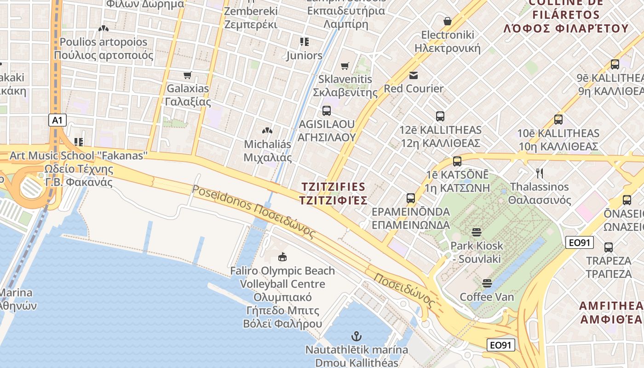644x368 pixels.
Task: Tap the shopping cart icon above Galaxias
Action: click(x=187, y=75)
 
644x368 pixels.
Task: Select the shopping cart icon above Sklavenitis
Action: click(x=345, y=66)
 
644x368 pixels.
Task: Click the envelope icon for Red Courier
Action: click(x=413, y=75)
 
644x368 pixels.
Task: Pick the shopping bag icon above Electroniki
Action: click(x=447, y=21)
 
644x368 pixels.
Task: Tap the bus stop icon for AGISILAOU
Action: click(x=327, y=111)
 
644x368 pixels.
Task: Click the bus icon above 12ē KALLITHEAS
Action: click(x=440, y=116)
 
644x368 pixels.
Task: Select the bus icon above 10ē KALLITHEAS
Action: click(x=558, y=120)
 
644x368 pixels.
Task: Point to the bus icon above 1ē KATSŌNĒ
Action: click(x=457, y=161)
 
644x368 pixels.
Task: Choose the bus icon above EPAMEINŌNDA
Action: click(x=411, y=198)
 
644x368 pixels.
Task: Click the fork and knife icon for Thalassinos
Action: click(x=540, y=173)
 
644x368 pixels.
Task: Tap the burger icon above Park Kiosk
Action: click(x=476, y=232)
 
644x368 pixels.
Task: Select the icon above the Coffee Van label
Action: click(x=487, y=282)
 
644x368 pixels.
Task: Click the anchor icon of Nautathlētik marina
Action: click(x=356, y=336)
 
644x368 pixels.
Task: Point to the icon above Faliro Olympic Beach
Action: click(x=282, y=257)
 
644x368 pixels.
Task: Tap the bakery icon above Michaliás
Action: click(x=267, y=131)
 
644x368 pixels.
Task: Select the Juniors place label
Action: click(x=304, y=56)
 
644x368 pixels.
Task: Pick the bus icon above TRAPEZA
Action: click(x=609, y=247)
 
